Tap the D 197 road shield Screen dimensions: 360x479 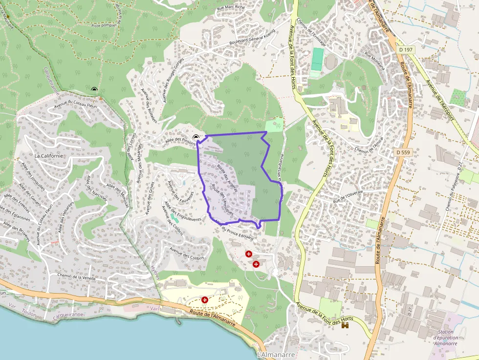point(405,49)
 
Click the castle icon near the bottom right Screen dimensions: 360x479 point(346,325)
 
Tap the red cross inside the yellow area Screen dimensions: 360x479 point(204,300)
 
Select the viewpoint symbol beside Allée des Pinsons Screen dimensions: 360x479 point(196,138)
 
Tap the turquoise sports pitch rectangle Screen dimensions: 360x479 point(317,59)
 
